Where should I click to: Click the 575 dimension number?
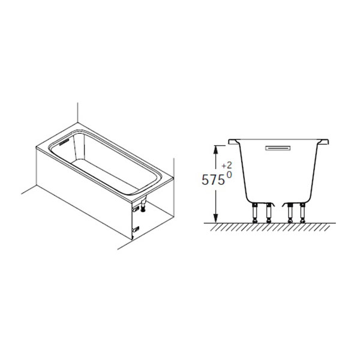[213, 179]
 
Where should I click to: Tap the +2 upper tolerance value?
[227, 166]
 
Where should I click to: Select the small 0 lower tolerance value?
[229, 175]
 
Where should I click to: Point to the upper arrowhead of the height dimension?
[215, 150]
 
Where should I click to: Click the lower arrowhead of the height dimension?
[215, 218]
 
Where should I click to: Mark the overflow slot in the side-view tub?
[278, 148]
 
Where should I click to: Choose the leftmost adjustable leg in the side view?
[255, 213]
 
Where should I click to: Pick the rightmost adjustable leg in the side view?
[302, 213]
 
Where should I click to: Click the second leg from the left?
[269, 213]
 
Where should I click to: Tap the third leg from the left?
[290, 213]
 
